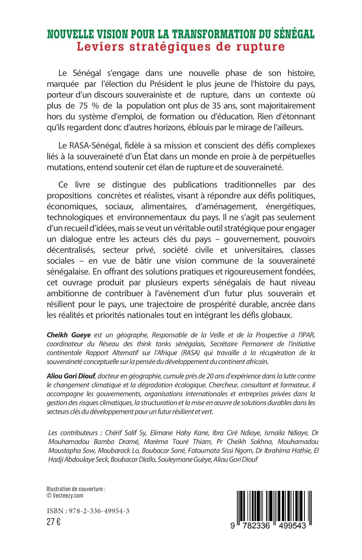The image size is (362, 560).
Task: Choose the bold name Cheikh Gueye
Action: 69,335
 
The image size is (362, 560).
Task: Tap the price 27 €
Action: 54,522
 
